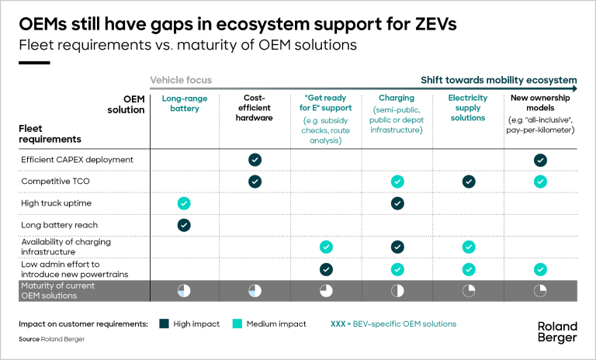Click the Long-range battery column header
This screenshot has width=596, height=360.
click(185, 103)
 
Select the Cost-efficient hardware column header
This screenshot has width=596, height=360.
click(255, 108)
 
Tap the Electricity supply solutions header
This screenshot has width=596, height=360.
click(468, 108)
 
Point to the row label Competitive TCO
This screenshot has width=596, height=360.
click(56, 181)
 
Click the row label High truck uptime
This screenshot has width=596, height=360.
click(56, 203)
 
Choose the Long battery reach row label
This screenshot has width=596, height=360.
click(59, 225)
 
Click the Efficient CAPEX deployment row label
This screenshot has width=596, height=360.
click(77, 160)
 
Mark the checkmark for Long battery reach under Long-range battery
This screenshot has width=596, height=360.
click(184, 225)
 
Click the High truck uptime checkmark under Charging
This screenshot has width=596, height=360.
click(397, 203)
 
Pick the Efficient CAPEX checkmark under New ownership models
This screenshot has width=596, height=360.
click(540, 160)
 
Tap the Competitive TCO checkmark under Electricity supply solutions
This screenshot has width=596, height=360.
click(469, 182)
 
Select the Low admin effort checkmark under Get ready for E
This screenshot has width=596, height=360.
click(326, 269)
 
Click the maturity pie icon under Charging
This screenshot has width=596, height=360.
click(397, 291)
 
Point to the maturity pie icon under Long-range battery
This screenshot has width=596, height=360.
click(184, 291)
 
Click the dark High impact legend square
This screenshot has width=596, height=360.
click(165, 324)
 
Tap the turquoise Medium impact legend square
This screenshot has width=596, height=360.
click(237, 324)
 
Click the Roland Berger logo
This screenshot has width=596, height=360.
click(557, 332)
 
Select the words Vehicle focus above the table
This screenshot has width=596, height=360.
click(181, 80)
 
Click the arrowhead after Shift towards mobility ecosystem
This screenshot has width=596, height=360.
click(574, 88)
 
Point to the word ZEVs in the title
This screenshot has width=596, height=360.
click(435, 24)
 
